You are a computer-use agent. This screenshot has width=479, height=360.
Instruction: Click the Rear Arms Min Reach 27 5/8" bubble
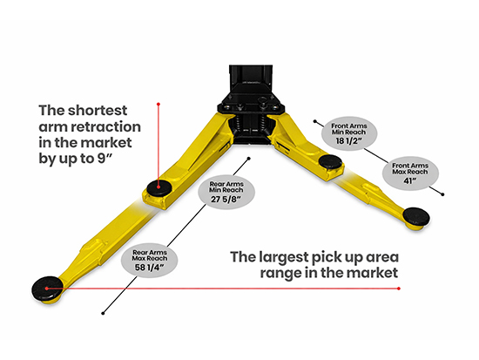click(226, 192)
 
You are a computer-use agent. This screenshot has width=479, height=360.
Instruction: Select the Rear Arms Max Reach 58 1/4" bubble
click(150, 261)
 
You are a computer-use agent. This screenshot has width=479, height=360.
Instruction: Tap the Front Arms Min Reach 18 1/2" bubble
click(349, 133)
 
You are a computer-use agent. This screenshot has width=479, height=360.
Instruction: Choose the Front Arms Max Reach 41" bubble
click(410, 173)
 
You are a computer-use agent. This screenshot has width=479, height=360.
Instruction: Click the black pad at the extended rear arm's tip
click(47, 289)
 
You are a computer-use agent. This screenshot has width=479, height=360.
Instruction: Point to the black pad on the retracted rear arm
click(159, 187)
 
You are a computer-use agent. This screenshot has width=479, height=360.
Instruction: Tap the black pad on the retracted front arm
click(330, 161)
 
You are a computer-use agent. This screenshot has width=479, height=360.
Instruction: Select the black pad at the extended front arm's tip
click(416, 216)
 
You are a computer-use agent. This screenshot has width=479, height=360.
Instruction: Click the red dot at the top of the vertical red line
click(159, 105)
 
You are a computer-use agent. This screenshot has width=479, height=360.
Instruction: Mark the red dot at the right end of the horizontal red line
click(399, 289)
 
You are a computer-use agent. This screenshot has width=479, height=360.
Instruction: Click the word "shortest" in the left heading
click(98, 111)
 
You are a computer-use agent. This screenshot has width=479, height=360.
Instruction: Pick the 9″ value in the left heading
click(104, 159)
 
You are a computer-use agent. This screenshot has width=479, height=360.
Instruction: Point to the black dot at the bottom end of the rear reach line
click(103, 313)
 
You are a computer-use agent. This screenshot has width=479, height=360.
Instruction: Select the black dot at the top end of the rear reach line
click(249, 159)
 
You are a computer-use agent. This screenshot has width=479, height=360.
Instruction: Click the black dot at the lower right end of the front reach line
click(442, 194)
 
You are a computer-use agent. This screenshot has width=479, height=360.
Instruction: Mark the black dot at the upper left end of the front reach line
click(314, 121)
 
